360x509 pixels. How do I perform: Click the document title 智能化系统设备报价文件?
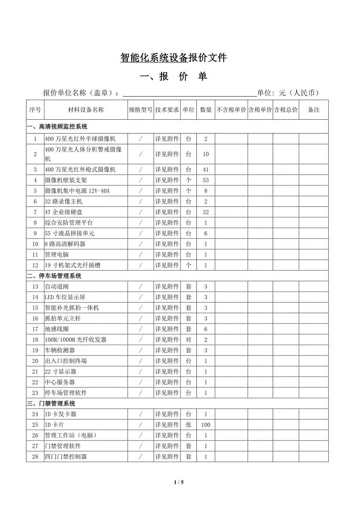coord(173,58)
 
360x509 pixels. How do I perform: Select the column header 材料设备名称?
coord(86,110)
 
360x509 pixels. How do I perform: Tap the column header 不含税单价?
coord(231,110)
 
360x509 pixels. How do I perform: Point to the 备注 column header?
coord(314,110)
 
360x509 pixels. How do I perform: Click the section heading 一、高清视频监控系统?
coord(57,127)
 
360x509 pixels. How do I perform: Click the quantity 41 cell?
coord(206,170)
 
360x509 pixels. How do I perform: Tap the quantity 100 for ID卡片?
coord(206,425)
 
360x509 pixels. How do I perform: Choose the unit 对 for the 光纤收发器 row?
coord(189,340)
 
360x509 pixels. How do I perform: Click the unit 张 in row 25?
coord(189,425)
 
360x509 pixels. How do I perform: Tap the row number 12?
coord(35,265)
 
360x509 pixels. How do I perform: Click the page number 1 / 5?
coord(179,482)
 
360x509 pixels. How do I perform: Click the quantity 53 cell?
coord(206,180)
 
